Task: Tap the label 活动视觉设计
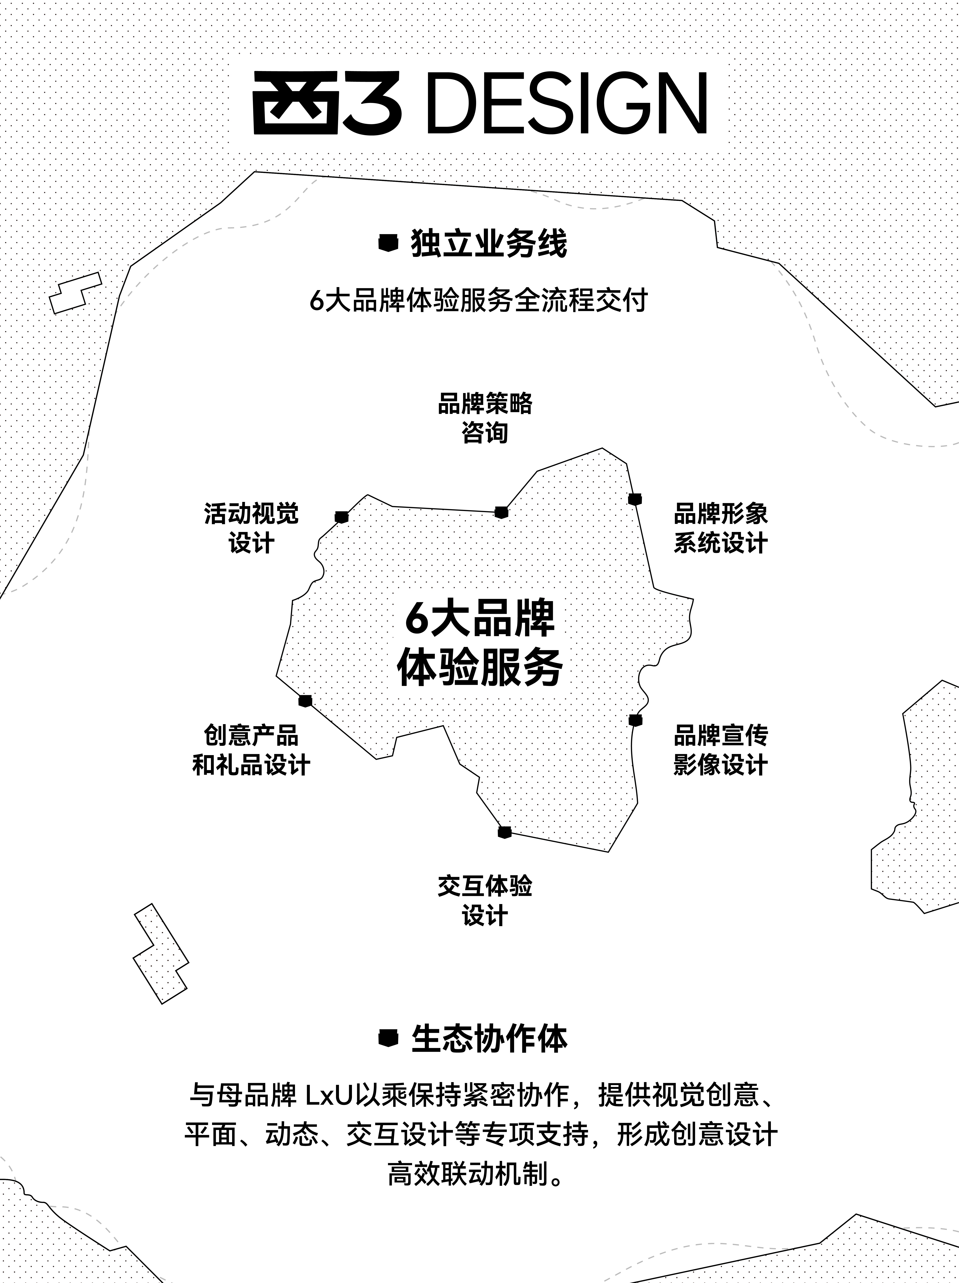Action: tap(251, 528)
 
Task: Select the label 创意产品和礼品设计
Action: tap(251, 750)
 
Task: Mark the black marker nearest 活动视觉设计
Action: tap(342, 517)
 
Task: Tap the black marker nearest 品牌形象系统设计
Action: tap(635, 499)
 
